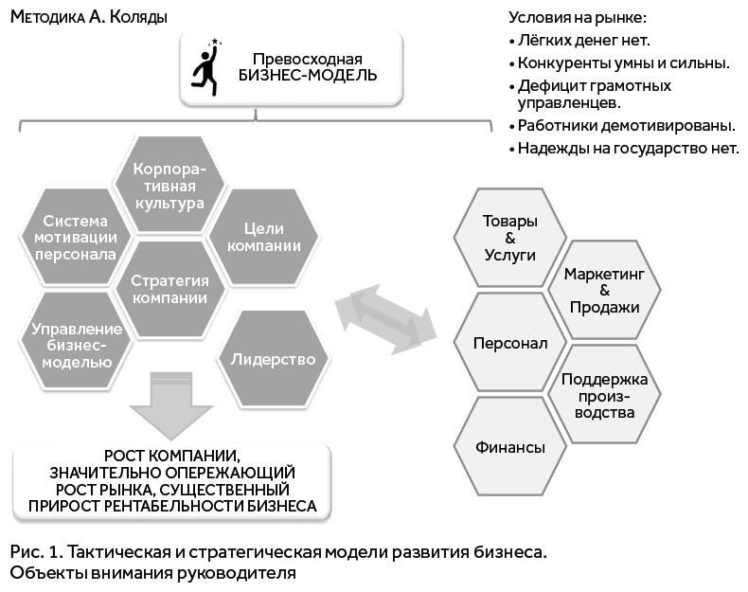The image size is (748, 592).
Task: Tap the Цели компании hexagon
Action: (x=258, y=237)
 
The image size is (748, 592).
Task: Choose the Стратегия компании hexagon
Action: (x=169, y=289)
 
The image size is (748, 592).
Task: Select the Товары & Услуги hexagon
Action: (x=509, y=238)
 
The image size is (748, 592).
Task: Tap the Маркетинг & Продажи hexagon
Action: (x=602, y=290)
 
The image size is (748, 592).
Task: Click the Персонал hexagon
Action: (x=509, y=343)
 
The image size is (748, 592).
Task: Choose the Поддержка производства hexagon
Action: (x=602, y=396)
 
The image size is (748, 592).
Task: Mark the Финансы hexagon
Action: (x=509, y=447)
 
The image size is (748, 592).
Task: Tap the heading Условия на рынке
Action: (x=578, y=16)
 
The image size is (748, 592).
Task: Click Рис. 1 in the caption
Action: (x=34, y=551)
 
